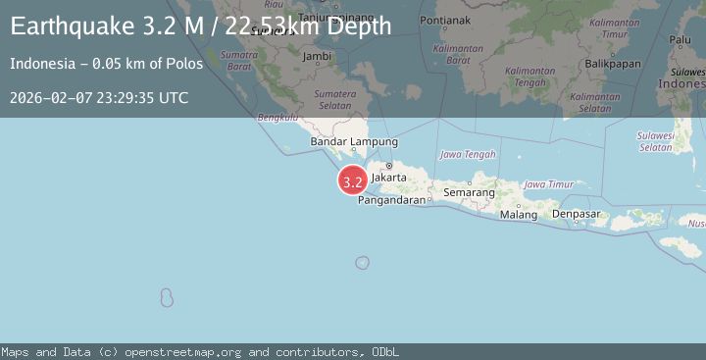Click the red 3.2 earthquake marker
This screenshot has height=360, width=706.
(353, 180)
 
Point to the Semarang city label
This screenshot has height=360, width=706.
(469, 193)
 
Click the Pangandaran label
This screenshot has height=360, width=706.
(391, 200)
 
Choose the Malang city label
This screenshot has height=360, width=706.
(518, 215)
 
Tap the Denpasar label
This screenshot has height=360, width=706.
(576, 214)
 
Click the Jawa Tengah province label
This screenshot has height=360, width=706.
(467, 154)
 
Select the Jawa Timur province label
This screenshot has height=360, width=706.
(548, 184)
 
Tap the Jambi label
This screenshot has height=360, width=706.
(317, 56)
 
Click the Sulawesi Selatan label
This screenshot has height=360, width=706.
(655, 141)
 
